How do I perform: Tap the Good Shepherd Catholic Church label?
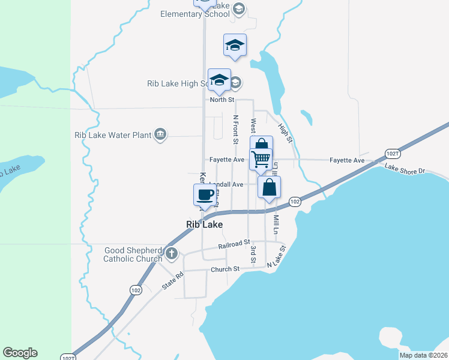coord(133,255)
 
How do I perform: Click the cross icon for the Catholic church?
coord(172,253)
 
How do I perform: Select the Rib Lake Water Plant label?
coord(113,135)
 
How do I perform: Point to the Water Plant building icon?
coord(160,134)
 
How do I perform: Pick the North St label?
coord(221,100)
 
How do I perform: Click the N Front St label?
coord(236,130)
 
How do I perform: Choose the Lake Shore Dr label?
coord(405,170)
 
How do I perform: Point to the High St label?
coord(285,133)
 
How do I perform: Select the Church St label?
coord(224,269)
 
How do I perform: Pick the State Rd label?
coord(172,281)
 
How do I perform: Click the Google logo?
coord(20,353)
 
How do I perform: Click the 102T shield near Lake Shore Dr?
coord(391,153)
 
